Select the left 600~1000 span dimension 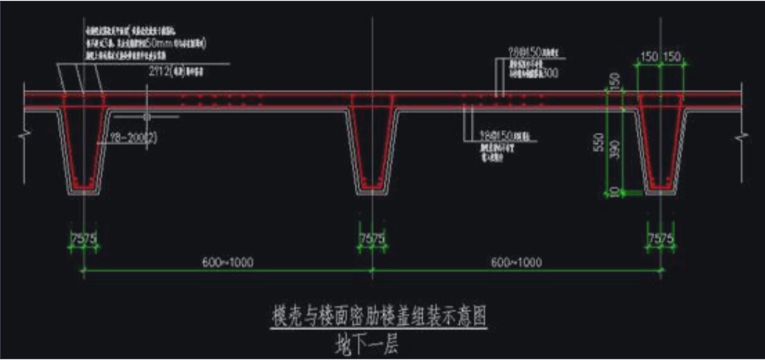(228, 262)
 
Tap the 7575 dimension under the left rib (84, 238)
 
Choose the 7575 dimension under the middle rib (373, 238)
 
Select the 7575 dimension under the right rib (661, 238)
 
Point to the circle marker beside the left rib (147, 116)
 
